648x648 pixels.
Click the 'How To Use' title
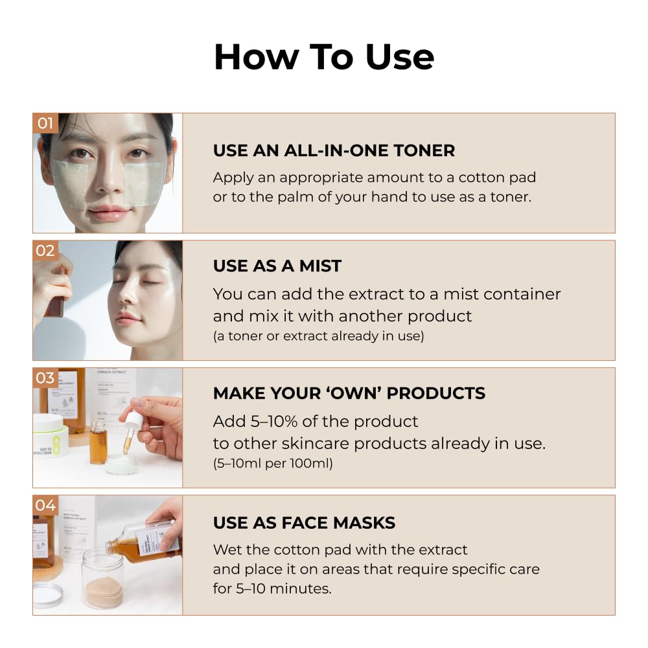pos(324,56)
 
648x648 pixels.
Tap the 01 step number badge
pos(45,123)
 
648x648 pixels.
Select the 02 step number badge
pos(45,250)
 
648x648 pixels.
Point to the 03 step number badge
pos(45,378)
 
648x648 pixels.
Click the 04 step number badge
pos(45,505)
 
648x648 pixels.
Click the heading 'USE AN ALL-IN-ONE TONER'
pos(334,150)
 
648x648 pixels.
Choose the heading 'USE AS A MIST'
pos(277,266)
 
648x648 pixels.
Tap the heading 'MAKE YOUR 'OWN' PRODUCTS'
pos(349,393)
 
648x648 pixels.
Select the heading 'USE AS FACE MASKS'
pos(304,523)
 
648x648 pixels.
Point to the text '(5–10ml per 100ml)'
pos(273,463)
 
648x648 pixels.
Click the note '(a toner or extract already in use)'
pos(319,336)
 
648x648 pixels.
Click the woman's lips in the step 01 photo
pos(108,213)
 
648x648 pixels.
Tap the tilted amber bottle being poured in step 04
pos(143,542)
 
